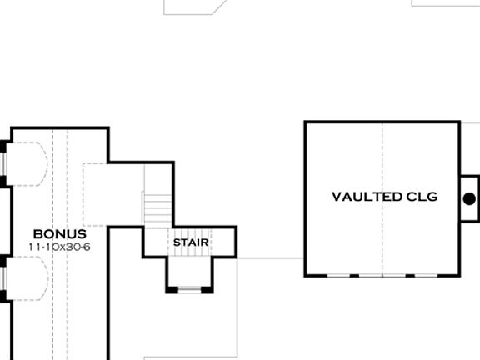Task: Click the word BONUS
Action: (59, 235)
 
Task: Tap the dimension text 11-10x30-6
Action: (59, 247)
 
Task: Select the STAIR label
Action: (191, 242)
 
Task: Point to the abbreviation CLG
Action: (422, 197)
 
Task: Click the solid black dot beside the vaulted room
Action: (469, 198)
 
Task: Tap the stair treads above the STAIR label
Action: (157, 207)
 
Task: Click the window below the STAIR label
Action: (190, 289)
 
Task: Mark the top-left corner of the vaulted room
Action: (306, 122)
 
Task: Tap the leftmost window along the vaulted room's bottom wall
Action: (337, 274)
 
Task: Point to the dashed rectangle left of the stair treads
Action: (112, 193)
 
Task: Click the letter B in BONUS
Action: (37, 235)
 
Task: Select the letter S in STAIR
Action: (177, 242)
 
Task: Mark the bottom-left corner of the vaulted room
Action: (306, 274)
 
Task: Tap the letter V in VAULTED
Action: (337, 197)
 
